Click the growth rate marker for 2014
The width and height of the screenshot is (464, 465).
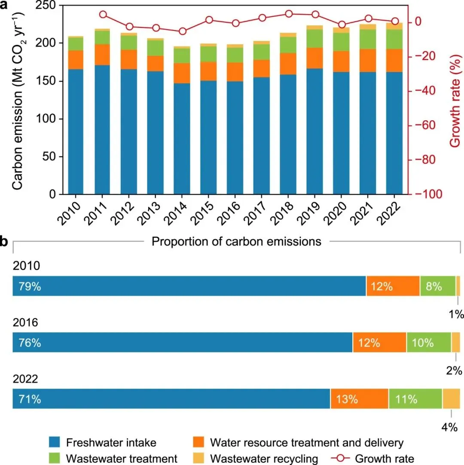[x=182, y=31]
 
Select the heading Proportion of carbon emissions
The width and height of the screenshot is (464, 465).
[x=236, y=242]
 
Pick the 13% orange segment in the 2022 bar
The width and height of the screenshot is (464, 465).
[x=359, y=399]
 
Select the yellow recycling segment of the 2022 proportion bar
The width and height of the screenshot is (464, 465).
[x=451, y=399]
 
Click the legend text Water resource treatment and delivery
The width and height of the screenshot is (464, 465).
[x=307, y=442]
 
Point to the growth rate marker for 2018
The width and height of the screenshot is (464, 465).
[x=289, y=14]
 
